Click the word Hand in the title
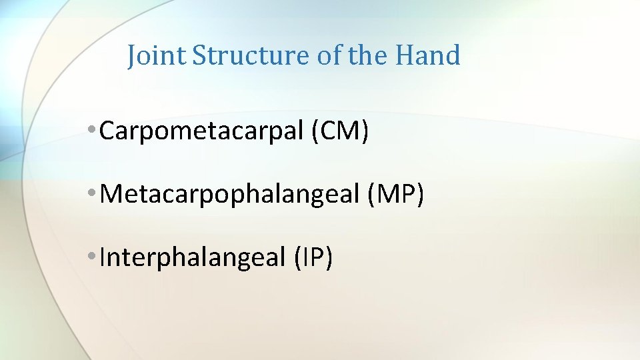[427, 55]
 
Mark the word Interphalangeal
[192, 257]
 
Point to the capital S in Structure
[198, 55]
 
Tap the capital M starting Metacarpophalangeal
[110, 195]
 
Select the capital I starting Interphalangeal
[102, 257]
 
